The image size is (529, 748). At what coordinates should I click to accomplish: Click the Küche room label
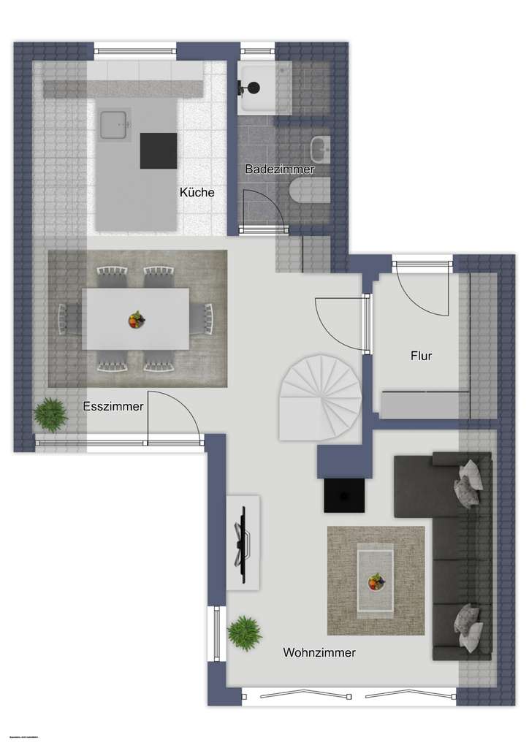(197, 193)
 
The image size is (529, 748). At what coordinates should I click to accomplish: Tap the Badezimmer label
(279, 169)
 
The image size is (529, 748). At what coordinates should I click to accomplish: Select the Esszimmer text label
(113, 406)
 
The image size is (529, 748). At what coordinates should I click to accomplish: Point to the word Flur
(421, 357)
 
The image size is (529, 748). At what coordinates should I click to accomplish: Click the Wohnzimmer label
(319, 653)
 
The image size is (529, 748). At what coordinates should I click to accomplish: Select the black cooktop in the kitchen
(159, 150)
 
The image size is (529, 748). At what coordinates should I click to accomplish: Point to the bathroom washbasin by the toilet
(320, 149)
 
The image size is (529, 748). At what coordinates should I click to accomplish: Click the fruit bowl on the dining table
(136, 319)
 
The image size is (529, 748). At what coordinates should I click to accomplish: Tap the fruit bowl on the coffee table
(375, 581)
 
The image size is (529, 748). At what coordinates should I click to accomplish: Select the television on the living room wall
(241, 542)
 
